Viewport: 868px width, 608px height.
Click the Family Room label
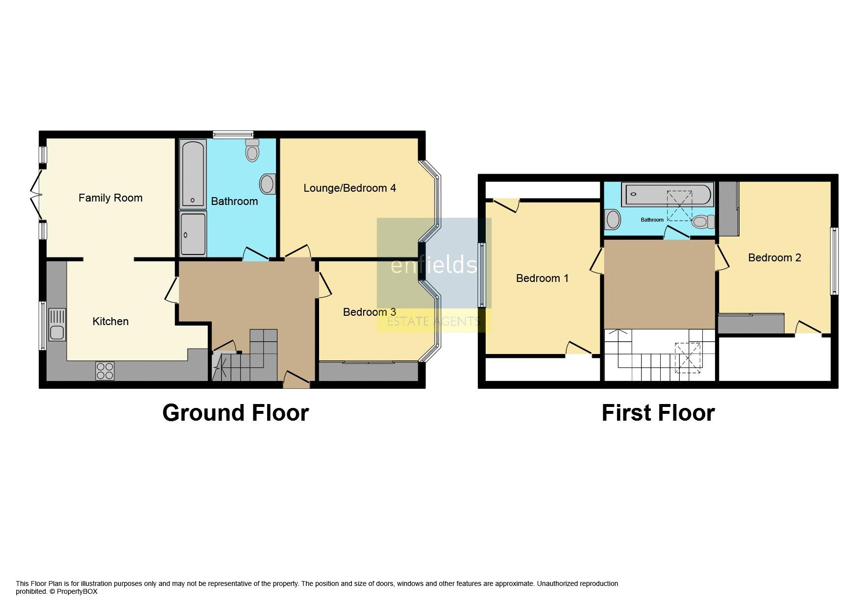pos(110,198)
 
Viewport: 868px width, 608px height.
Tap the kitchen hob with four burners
pos(105,371)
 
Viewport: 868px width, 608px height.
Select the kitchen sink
pos(57,325)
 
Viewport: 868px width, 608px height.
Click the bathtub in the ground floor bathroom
pos(193,174)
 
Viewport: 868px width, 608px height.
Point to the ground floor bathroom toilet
pos(252,150)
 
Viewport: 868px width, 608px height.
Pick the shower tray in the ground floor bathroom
pos(193,233)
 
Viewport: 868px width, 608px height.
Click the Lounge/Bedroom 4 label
pos(349,188)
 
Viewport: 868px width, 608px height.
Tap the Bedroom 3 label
pos(369,312)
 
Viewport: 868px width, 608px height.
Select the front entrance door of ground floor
pos(297,380)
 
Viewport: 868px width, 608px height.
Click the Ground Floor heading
pos(235,413)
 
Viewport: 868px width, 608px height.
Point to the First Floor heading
pos(658,413)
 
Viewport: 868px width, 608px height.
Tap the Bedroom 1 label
pos(542,279)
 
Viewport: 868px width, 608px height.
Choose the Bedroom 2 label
pos(774,258)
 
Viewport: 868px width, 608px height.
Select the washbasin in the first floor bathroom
pos(613,220)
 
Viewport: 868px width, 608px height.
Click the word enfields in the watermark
pos(433,265)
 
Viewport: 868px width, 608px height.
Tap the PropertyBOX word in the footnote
pos(77,592)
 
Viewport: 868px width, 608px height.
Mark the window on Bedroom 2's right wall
pos(834,261)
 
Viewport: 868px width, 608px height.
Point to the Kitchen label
pos(110,322)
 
